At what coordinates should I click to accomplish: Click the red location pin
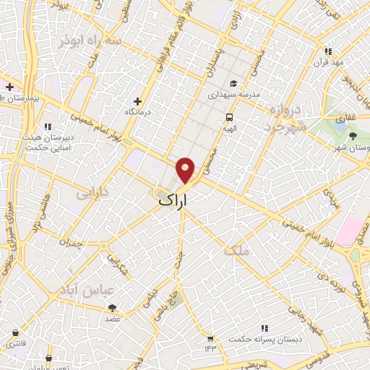pos(186,169)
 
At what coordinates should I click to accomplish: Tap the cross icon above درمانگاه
pos(138,101)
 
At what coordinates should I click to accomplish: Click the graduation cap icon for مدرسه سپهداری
pos(233,82)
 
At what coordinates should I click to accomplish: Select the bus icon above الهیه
pos(229,116)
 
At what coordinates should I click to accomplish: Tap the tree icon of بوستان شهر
pos(353,135)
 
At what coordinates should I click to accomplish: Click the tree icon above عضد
pos(112,307)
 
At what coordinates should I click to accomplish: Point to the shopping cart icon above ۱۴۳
pos(210,337)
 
